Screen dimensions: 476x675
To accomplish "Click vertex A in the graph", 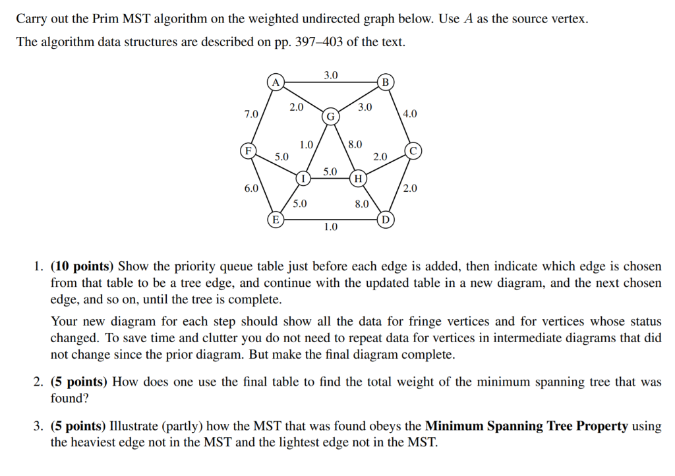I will [x=276, y=82].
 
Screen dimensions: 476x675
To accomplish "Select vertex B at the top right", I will [x=386, y=82].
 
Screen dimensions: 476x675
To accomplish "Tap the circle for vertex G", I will [x=331, y=117].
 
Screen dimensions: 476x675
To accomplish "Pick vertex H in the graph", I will [x=358, y=178].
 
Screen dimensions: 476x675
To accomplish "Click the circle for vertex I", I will [x=303, y=178].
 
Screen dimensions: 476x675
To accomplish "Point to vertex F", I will [x=248, y=150].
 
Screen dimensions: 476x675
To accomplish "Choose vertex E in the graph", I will [x=276, y=218].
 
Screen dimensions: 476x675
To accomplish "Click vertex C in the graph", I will [x=413, y=150].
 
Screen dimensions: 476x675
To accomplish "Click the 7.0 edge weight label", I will [x=251, y=114].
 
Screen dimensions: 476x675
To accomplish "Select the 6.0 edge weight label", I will [x=251, y=188].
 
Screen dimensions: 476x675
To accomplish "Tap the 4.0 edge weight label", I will [x=409, y=114].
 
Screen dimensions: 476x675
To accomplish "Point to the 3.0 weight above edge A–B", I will [x=331, y=75].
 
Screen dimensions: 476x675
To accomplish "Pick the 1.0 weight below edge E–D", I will [x=331, y=227].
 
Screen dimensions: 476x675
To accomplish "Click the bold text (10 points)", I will [x=82, y=266].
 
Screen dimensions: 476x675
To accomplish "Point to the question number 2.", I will [x=38, y=382].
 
